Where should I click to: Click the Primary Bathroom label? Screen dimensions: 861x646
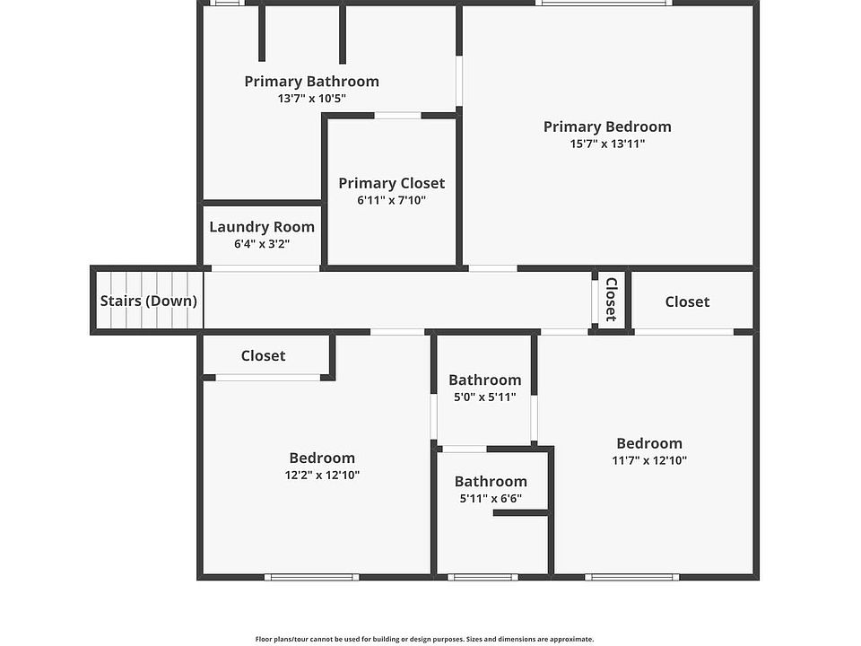pyautogui.click(x=312, y=82)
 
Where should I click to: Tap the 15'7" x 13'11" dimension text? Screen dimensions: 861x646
pyautogui.click(x=607, y=144)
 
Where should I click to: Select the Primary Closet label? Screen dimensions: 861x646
pyautogui.click(x=392, y=183)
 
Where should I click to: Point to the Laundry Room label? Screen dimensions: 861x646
pyautogui.click(x=262, y=227)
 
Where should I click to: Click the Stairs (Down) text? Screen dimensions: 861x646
pyautogui.click(x=148, y=301)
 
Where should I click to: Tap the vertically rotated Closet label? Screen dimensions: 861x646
pyautogui.click(x=611, y=300)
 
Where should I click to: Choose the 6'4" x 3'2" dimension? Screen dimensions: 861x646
pyautogui.click(x=262, y=244)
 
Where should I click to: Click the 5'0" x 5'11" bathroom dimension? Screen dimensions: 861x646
pyautogui.click(x=485, y=397)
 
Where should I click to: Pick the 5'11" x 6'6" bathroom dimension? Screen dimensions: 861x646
pyautogui.click(x=491, y=499)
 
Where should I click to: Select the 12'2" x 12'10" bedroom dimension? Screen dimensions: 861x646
pyautogui.click(x=322, y=476)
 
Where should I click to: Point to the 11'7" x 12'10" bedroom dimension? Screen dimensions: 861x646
pyautogui.click(x=649, y=460)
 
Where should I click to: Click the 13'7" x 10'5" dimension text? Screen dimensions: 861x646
pyautogui.click(x=312, y=99)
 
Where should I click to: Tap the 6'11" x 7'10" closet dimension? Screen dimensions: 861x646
pyautogui.click(x=392, y=200)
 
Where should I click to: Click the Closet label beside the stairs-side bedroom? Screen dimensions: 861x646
pyautogui.click(x=263, y=356)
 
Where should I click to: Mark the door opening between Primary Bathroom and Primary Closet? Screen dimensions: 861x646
pyautogui.click(x=397, y=116)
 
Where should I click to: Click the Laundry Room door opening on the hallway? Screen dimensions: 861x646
pyautogui.click(x=265, y=268)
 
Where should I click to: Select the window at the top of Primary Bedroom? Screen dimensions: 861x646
pyautogui.click(x=604, y=3)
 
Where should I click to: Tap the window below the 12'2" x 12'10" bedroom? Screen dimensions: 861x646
pyautogui.click(x=312, y=577)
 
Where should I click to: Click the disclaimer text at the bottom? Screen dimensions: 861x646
pyautogui.click(x=424, y=639)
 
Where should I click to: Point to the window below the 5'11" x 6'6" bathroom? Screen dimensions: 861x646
pyautogui.click(x=483, y=577)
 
